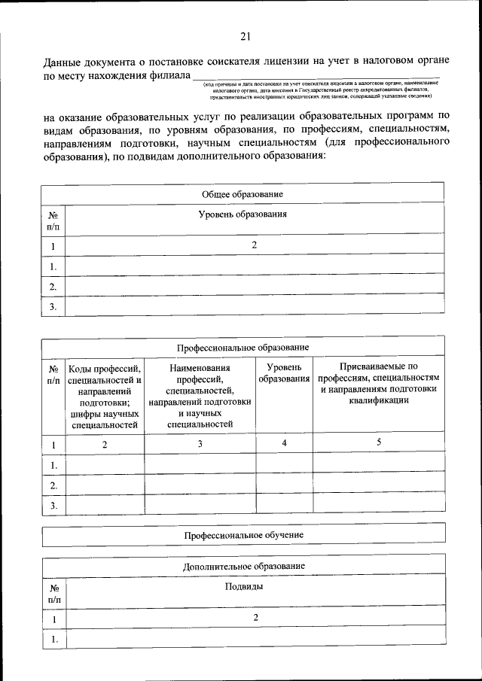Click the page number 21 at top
tap(245, 35)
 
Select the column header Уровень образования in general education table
tap(254, 214)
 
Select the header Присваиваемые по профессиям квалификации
tap(379, 384)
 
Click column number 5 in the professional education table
tap(379, 443)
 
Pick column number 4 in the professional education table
tap(284, 443)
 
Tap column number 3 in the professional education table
tap(200, 444)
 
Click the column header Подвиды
tap(255, 585)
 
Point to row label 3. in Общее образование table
tap(53, 306)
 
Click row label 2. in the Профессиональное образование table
tap(53, 485)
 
